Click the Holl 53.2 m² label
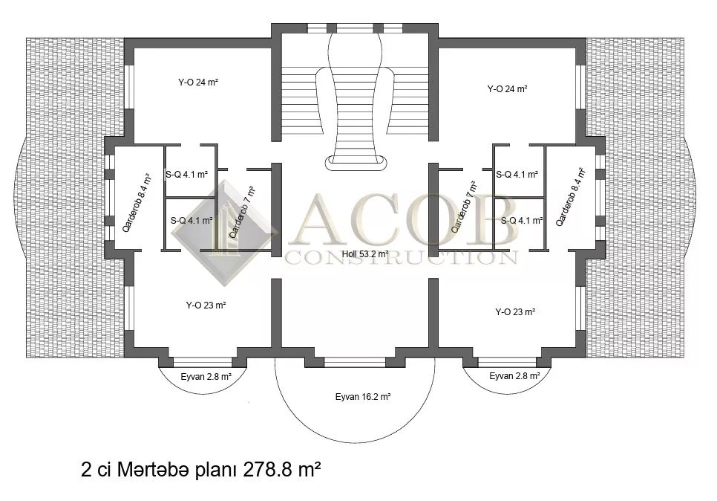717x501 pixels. point(365,253)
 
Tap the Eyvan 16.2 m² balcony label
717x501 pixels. point(363,397)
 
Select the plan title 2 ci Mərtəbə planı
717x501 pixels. point(159,470)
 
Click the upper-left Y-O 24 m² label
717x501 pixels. point(198,83)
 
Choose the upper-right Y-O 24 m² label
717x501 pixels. point(507,89)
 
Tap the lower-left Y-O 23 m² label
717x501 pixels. point(206,305)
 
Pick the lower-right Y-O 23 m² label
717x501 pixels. point(515,312)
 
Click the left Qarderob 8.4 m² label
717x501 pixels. point(137,202)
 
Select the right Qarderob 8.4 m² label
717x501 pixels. point(570,196)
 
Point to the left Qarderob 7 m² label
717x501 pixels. point(241,212)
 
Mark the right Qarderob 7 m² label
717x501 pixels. point(464,207)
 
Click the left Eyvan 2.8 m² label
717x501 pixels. point(206,378)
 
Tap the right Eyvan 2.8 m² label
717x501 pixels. point(514,376)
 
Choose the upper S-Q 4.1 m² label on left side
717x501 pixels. point(186,175)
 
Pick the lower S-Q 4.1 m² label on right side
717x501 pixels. point(522,221)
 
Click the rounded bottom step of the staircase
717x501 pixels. point(357,163)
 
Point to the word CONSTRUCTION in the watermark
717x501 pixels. point(401,257)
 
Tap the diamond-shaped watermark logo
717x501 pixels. point(224,233)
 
